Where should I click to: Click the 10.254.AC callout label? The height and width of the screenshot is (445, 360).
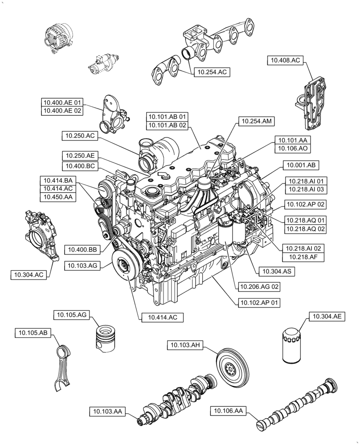coord(212,72)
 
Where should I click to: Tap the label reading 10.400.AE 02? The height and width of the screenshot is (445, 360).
coord(62,111)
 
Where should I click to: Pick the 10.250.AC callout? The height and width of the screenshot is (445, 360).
coord(78,135)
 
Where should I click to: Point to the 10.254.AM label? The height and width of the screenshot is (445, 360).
coord(257,121)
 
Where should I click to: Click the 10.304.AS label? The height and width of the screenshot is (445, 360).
coord(277,271)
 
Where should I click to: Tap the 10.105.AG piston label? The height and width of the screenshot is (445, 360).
coord(72,315)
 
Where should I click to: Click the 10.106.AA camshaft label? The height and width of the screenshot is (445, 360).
coord(228,411)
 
